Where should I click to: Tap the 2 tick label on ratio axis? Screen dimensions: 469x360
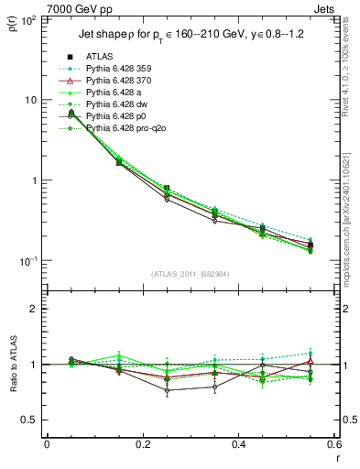(35, 309)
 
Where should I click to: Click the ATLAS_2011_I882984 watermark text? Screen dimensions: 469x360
(190, 274)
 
